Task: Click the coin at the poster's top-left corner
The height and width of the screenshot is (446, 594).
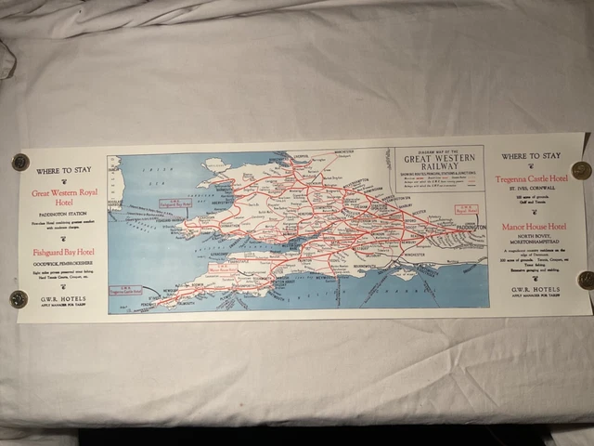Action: click(19, 162)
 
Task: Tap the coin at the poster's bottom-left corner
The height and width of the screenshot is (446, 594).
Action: click(19, 298)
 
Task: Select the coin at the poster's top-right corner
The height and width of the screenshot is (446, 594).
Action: click(581, 170)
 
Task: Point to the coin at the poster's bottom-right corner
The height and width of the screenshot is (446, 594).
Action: click(585, 280)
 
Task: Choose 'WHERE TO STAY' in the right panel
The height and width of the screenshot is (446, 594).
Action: click(532, 156)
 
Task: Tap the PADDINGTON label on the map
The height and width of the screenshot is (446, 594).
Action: click(470, 224)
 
